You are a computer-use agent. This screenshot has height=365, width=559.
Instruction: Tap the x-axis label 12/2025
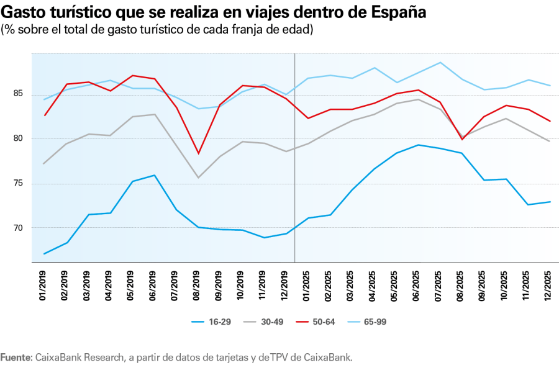[548, 286]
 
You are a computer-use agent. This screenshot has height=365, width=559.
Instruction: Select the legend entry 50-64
[324, 322]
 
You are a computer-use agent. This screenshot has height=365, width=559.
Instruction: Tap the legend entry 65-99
[376, 322]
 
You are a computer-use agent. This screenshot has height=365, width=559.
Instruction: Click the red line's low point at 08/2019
[198, 153]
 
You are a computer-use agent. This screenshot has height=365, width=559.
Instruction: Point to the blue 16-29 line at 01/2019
[45, 253]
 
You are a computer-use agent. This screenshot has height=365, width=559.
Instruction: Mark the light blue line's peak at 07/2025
[440, 62]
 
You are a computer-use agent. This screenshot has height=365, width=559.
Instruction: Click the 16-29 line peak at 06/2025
[418, 145]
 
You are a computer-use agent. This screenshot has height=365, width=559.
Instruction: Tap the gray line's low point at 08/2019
[198, 178]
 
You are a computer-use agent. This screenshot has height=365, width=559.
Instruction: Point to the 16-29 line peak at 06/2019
[154, 175]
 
